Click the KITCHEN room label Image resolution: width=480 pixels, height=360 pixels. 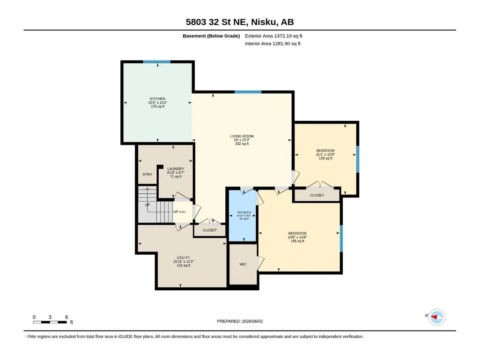(158, 99)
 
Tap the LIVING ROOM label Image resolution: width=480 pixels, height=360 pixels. (242, 136)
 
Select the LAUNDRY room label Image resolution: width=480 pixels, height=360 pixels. (176, 169)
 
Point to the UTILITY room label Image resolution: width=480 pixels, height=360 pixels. (184, 258)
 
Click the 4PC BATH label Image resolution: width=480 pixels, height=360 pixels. (244, 213)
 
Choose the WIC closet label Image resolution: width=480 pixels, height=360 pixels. (243, 264)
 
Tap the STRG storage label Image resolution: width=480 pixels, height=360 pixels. (147, 174)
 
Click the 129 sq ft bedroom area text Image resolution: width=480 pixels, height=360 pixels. (325, 158)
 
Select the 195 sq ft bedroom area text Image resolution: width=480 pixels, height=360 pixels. (297, 241)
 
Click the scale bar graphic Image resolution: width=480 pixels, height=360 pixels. (50, 322)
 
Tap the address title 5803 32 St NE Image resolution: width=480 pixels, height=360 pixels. (217, 22)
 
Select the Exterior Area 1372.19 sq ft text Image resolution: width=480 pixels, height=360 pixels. (273, 36)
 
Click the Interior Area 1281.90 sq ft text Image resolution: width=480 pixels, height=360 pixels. (273, 44)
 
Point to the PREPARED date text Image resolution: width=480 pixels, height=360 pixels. (240, 321)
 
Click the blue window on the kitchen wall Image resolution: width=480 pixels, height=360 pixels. (157, 62)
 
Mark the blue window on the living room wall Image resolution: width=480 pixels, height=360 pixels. (248, 92)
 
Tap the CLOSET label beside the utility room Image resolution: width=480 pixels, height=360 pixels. (210, 230)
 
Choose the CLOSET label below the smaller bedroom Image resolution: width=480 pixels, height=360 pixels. (317, 195)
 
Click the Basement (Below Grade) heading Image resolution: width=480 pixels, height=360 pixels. (211, 36)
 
